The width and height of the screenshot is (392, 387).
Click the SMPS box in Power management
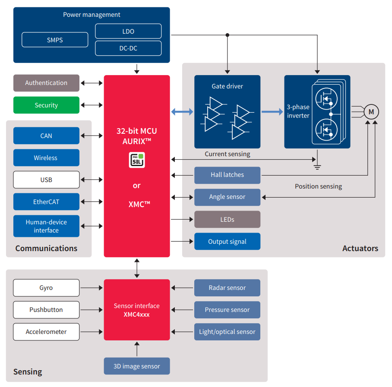55,40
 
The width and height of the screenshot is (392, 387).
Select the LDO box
128,31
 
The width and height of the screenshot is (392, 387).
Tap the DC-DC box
128,48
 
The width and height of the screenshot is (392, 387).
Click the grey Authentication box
46,83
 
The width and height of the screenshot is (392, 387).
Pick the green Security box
46,105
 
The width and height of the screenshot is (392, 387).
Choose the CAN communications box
46,136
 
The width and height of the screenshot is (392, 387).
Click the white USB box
46,180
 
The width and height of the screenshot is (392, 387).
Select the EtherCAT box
46,202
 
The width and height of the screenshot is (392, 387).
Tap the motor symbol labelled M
371,112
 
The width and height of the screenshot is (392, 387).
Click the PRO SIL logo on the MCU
137,160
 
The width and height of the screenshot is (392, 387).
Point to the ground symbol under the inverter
317,167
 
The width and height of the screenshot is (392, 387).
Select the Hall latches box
228,175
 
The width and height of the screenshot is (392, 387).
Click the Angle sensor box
228,197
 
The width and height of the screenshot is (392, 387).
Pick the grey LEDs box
228,220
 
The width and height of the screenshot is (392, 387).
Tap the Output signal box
228,242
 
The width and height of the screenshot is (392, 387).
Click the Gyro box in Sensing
46,288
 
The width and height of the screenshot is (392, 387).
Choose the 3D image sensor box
137,366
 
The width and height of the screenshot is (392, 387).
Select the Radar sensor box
228,288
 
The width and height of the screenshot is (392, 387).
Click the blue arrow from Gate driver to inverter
272,112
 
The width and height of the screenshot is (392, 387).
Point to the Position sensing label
318,186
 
